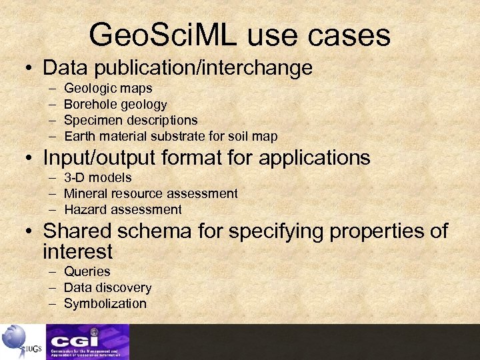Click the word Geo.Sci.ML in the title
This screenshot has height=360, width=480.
coord(164,35)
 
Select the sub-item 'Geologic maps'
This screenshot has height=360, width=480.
coord(108,88)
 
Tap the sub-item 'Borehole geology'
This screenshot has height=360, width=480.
coord(115,104)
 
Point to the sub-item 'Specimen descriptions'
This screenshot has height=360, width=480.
coord(131,120)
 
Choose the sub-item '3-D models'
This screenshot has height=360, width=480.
coord(98,177)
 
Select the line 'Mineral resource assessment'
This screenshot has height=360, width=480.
coord(151,193)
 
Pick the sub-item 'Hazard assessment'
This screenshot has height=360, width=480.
coord(123,209)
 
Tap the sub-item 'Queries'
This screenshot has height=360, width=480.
coord(87,271)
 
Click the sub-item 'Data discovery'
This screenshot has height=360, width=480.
coord(107,287)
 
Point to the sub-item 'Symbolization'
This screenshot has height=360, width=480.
coord(105,303)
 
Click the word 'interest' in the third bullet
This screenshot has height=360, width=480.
coord(77,251)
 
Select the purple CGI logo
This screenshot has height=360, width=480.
coord(87,341)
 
